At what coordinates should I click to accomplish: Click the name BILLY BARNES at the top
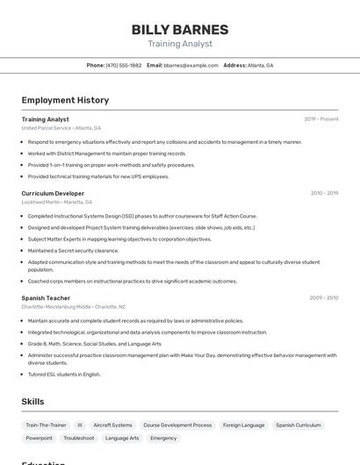tap(180, 30)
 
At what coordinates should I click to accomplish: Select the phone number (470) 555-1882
tap(123, 65)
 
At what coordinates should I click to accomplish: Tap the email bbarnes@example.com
tap(191, 65)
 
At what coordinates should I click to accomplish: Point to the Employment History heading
tap(65, 100)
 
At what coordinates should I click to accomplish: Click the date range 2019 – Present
tap(321, 119)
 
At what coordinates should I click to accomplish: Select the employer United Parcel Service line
tap(61, 128)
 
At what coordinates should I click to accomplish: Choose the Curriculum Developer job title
tap(53, 193)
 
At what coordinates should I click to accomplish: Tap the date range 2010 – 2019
tap(324, 193)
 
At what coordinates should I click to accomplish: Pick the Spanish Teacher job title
tap(46, 297)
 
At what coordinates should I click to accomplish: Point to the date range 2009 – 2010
tap(324, 297)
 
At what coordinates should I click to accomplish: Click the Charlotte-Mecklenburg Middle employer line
tap(74, 307)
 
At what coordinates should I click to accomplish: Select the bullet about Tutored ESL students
tap(64, 374)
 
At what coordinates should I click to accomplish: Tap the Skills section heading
tap(33, 402)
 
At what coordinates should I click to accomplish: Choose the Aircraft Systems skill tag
tap(112, 425)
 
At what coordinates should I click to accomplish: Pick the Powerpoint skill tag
tap(39, 438)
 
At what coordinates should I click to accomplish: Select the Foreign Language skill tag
tap(243, 425)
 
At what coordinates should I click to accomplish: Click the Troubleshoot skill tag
tap(79, 438)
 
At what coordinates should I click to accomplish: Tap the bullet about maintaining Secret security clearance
tap(73, 250)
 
